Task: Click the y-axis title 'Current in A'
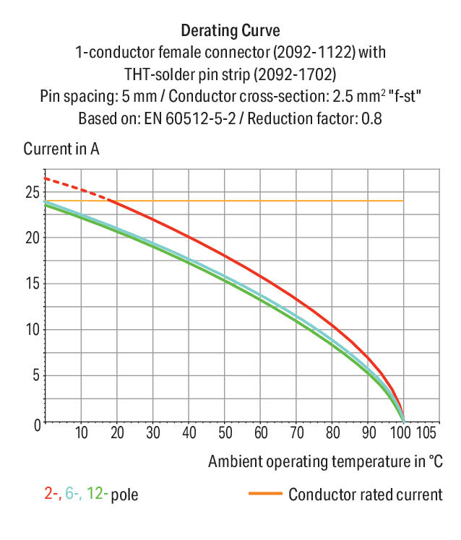tap(61, 149)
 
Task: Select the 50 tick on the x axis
tap(225, 433)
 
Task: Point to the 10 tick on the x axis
tap(81, 433)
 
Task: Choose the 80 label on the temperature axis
tap(332, 433)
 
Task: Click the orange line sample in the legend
tap(264, 494)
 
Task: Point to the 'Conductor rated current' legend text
tap(365, 495)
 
